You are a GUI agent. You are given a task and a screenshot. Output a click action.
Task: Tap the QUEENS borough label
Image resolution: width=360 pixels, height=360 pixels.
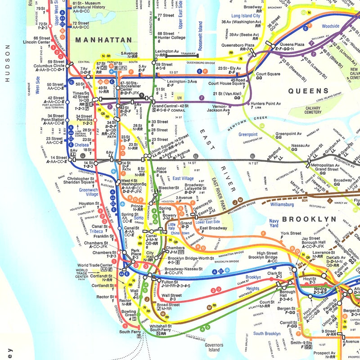click(x=308, y=91)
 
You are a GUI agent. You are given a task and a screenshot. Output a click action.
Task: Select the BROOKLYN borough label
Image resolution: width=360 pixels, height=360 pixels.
click(x=309, y=219)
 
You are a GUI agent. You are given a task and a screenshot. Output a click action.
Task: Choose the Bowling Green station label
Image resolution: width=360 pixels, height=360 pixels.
click(x=129, y=314)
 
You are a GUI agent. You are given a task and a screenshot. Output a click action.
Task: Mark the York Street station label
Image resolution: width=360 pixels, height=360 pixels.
click(x=290, y=234)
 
